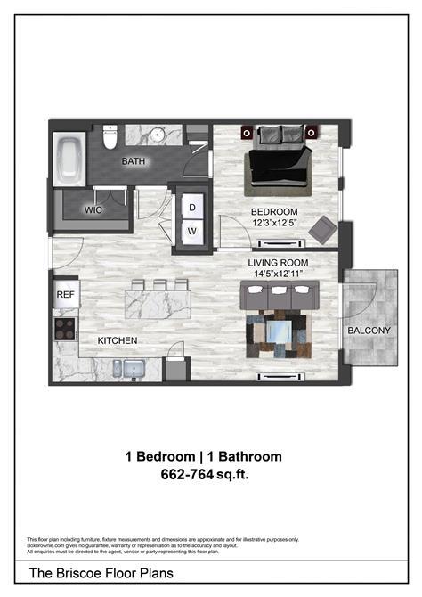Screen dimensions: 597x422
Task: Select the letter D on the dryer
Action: pyautogui.click(x=191, y=208)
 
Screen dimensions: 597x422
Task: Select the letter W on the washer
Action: pyautogui.click(x=191, y=231)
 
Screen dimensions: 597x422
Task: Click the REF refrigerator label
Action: pyautogui.click(x=66, y=293)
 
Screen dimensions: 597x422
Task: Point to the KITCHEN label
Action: pyautogui.click(x=117, y=340)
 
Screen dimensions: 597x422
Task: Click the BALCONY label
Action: pyautogui.click(x=369, y=331)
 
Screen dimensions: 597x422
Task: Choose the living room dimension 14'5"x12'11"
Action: pyautogui.click(x=278, y=274)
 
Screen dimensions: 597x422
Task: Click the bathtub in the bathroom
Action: pyautogui.click(x=69, y=160)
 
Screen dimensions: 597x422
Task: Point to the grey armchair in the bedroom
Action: pyautogui.click(x=321, y=230)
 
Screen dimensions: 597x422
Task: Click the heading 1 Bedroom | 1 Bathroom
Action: pyautogui.click(x=203, y=456)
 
